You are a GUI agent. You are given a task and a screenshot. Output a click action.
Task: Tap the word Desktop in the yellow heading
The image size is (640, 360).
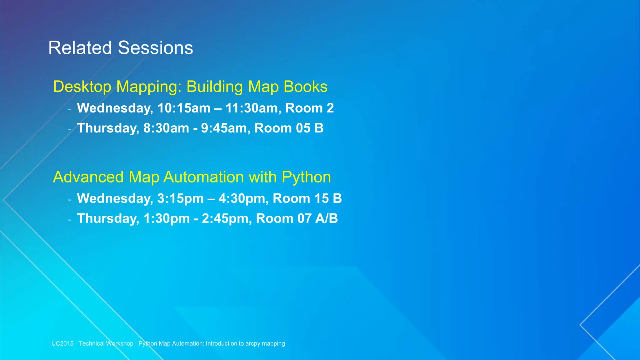(x=82, y=87)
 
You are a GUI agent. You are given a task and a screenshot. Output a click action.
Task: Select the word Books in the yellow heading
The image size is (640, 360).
(x=305, y=87)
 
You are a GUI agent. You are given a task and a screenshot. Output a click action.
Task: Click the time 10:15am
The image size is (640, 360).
(x=184, y=108)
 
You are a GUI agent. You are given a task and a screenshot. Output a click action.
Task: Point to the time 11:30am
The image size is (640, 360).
(x=251, y=108)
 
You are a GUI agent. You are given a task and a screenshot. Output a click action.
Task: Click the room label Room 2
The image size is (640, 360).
(x=309, y=108)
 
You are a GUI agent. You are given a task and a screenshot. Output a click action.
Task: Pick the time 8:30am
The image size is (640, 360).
(x=166, y=128)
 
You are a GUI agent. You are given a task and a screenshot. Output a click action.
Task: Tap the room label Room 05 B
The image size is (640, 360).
(x=289, y=128)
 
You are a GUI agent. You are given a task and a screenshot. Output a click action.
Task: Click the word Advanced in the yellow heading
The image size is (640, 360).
(x=88, y=177)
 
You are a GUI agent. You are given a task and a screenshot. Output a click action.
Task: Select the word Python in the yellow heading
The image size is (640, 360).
(x=306, y=177)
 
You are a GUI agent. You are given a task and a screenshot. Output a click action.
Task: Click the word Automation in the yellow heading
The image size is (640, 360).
(x=204, y=177)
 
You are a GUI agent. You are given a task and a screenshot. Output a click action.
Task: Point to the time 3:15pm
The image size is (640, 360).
(x=180, y=198)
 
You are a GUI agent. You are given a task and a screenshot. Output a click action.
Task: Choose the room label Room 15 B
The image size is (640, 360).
(x=307, y=198)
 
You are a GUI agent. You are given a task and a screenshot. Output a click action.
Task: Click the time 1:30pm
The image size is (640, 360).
(x=166, y=218)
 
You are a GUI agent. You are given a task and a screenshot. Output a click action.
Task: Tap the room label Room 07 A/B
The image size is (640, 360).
(x=297, y=218)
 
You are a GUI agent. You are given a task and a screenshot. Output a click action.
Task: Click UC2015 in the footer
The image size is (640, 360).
(x=62, y=344)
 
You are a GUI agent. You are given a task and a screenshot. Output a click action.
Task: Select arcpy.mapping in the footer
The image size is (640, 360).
(x=265, y=344)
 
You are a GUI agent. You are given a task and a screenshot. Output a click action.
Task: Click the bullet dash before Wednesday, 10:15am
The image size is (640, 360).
(x=70, y=109)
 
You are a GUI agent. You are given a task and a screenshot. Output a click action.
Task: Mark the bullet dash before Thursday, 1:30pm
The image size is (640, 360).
(x=70, y=220)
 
